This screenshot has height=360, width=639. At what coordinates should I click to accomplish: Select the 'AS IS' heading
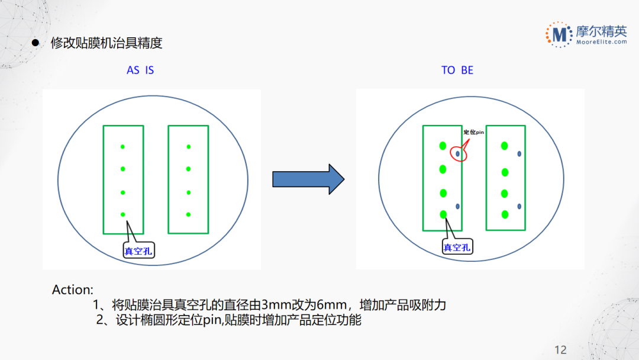pos(140,70)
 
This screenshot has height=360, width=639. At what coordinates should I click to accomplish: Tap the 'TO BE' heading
pos(457,70)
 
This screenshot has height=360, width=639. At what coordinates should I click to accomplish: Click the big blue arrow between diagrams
pos(308,179)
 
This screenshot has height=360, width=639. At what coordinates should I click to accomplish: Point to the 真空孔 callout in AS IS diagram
pos(138,250)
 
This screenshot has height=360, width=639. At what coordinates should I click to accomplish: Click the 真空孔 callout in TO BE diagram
pos(457,247)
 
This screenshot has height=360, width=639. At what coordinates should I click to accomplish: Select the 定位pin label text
pos(473,132)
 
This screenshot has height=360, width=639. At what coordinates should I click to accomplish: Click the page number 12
pos(560,349)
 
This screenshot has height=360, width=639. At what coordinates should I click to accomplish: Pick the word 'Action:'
pos(73,290)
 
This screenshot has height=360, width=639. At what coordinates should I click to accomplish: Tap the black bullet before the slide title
pos(35,43)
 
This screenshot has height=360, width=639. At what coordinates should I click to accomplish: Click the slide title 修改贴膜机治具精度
pos(106,43)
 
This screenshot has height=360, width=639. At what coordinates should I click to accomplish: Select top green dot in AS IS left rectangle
pos(122,146)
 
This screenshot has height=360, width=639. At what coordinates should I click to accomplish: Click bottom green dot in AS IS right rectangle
pos(188,214)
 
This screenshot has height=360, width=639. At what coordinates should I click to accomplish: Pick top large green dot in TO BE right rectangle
pos(504,146)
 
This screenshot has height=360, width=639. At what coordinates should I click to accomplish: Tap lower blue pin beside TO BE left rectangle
pos(457,206)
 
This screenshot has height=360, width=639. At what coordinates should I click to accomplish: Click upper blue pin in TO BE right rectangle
pos(519,154)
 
